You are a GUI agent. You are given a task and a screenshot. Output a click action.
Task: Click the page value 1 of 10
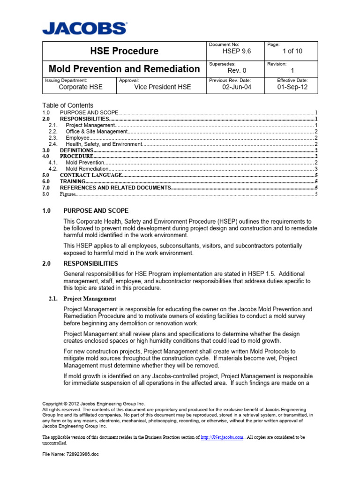(292, 52)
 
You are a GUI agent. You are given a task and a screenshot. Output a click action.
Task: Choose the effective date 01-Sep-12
(292, 87)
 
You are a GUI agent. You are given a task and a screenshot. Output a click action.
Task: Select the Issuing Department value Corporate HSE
(80, 87)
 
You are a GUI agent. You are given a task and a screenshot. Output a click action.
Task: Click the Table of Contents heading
(67, 105)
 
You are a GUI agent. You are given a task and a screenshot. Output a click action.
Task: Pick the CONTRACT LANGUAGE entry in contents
(90, 175)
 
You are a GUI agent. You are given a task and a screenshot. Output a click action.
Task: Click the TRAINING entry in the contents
(73, 181)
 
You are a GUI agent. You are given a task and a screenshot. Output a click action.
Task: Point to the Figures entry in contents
(67, 194)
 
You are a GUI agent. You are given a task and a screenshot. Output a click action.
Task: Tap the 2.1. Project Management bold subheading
(90, 299)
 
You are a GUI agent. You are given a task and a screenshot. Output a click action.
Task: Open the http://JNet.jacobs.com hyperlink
(222, 437)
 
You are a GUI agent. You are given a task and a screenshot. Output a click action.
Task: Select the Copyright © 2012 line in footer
(94, 404)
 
